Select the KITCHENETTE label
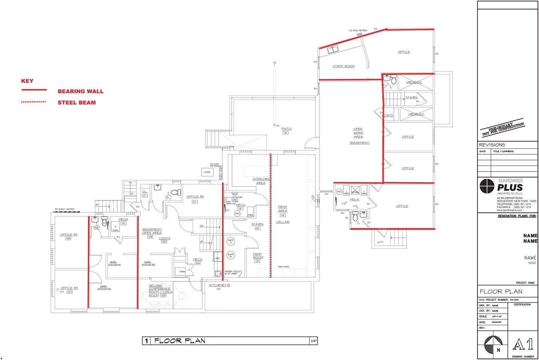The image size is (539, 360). (x=220, y=285)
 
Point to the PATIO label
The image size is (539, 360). (x=286, y=129)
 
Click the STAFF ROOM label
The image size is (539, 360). (x=343, y=66)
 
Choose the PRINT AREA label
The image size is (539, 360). (x=283, y=209)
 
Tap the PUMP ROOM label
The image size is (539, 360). (x=258, y=256)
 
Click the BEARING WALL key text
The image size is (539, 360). (x=80, y=91)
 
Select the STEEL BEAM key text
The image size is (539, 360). (x=76, y=102)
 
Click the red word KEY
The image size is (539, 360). (x=27, y=81)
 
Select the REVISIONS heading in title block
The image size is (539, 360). (x=492, y=145)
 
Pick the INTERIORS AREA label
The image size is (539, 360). (x=261, y=181)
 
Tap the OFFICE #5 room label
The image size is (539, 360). (x=195, y=196)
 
